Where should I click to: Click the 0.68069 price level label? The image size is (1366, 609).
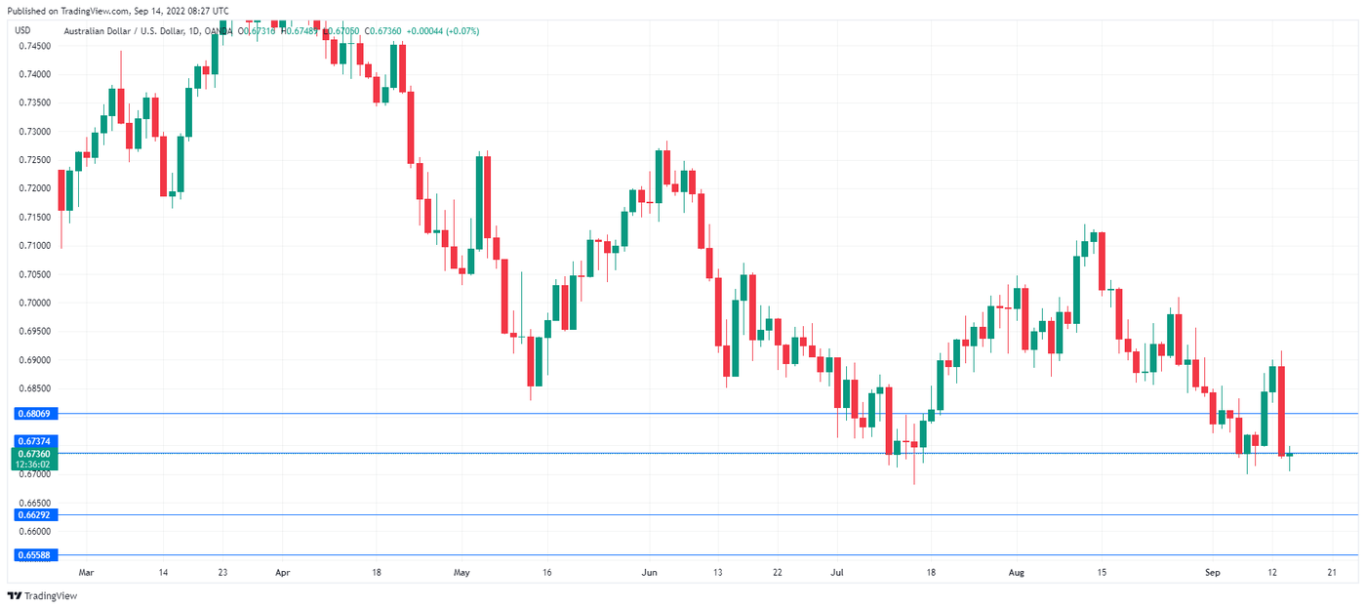(35, 414)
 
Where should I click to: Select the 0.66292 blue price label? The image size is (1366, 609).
(35, 514)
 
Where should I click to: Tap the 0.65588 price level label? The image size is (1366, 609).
(35, 554)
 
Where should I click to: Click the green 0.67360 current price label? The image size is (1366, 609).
(35, 454)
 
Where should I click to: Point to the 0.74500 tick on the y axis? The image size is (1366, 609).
(35, 46)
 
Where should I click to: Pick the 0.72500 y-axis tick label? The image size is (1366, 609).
(35, 160)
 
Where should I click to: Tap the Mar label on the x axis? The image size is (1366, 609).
(86, 573)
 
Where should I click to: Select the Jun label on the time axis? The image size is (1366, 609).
(649, 573)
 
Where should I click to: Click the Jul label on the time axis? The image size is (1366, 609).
(837, 573)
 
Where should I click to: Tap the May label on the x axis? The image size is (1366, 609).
(462, 573)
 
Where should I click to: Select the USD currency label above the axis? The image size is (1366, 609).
(23, 30)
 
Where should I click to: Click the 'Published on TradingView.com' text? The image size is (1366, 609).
(67, 11)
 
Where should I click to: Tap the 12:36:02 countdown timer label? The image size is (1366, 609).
(35, 465)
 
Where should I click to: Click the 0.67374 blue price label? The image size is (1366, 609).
(35, 442)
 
